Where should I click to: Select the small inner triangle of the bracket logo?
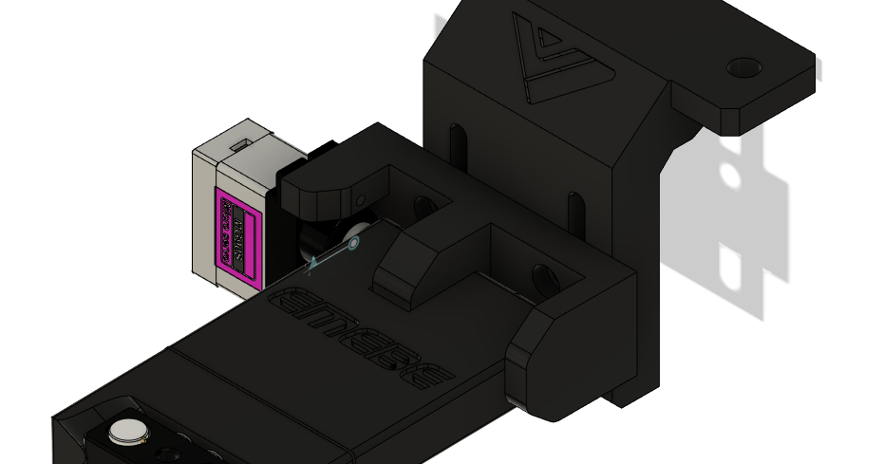547,44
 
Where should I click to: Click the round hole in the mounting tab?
743,68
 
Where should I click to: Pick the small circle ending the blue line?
353,244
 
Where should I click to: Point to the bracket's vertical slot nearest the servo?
458,143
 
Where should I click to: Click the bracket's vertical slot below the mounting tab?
574,210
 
